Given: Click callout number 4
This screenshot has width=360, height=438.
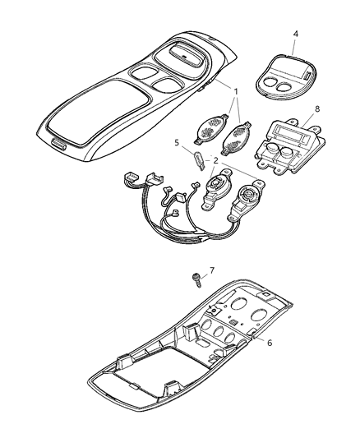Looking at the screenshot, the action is [x=296, y=34].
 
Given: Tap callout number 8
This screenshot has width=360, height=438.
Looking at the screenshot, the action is [x=317, y=109].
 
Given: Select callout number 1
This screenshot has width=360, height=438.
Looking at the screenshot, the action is [x=236, y=91].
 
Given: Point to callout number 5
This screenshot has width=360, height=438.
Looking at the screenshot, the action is [x=177, y=143].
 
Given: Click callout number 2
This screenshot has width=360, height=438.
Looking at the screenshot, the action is [x=215, y=160].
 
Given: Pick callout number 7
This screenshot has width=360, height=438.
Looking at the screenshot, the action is [x=212, y=270].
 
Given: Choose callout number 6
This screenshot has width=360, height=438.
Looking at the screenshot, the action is [x=270, y=343].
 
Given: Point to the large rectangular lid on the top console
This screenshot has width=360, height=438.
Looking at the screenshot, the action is [x=98, y=113].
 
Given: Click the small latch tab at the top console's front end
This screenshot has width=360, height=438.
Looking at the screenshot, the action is [x=59, y=145].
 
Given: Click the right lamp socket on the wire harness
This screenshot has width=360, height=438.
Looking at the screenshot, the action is [x=247, y=199].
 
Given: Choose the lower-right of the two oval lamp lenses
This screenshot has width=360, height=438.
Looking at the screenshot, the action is [x=237, y=137].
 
